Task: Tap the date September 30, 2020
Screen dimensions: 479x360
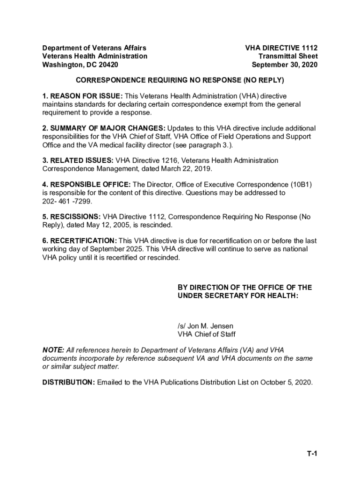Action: coord(285,65)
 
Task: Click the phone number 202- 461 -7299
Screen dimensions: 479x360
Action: coord(67,201)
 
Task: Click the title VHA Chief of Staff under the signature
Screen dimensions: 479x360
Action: coord(207,334)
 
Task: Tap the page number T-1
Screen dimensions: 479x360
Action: coord(312,453)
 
